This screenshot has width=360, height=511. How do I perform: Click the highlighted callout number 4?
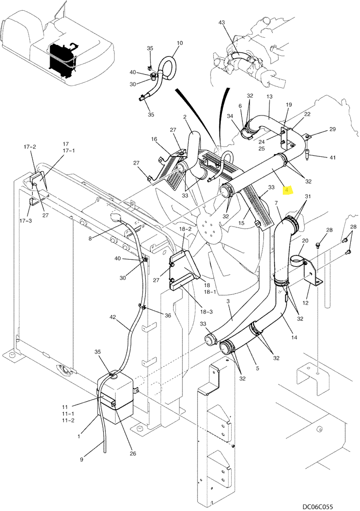(287, 190)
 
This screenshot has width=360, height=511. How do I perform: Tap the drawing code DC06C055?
(317, 506)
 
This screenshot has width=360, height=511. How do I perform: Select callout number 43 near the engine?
(221, 22)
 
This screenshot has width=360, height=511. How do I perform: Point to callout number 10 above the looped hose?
(179, 43)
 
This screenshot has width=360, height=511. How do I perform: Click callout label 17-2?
(30, 147)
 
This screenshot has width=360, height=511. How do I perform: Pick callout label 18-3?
(206, 312)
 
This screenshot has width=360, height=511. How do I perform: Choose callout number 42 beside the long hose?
(113, 317)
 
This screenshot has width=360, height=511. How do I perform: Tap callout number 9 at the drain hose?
(81, 459)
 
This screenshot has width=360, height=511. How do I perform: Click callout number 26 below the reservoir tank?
(132, 453)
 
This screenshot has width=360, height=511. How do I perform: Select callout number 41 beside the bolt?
(332, 158)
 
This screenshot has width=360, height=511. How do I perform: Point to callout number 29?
(332, 129)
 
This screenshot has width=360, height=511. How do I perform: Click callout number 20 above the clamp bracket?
(305, 241)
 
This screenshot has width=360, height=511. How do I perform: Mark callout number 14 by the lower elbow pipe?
(294, 338)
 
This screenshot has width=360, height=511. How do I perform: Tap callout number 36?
(168, 315)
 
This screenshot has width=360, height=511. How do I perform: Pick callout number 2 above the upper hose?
(185, 117)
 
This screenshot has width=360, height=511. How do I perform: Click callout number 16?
(154, 140)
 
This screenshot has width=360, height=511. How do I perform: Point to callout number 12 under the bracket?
(305, 303)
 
